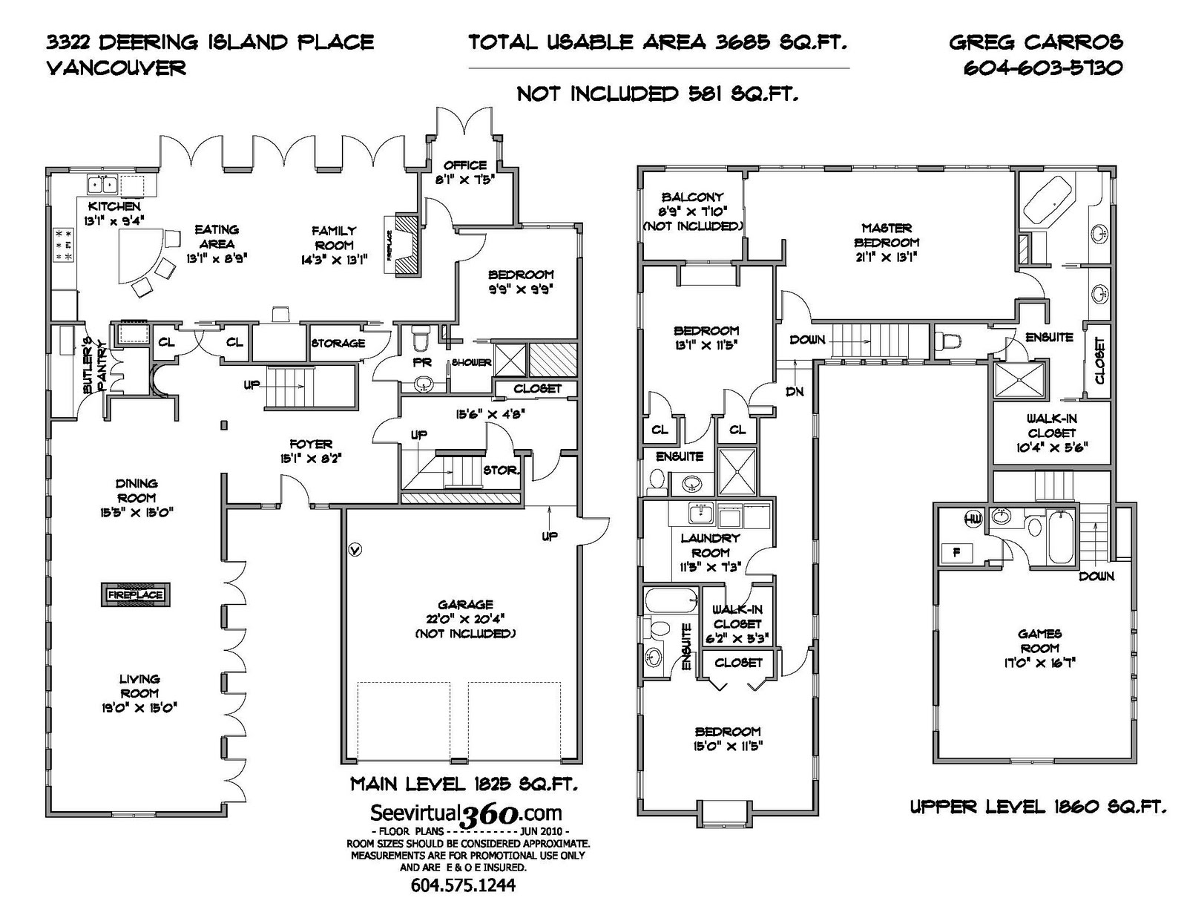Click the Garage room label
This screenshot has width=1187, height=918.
[x=465, y=605]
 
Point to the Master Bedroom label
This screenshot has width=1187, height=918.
[x=887, y=235]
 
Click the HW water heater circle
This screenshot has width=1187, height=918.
[x=973, y=519]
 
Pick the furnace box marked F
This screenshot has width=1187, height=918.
[x=956, y=553]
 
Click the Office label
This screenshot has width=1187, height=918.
[x=465, y=165]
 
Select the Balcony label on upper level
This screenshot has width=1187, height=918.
[x=692, y=197]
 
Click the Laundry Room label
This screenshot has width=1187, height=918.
[x=710, y=545]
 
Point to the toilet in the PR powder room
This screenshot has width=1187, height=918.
[x=420, y=339]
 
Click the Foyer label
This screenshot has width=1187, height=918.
[x=311, y=445]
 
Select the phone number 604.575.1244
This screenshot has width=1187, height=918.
[x=463, y=885]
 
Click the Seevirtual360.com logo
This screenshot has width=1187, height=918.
[x=465, y=814]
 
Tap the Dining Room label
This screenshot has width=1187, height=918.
[x=137, y=491]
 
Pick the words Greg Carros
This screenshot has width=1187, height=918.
[x=1036, y=42]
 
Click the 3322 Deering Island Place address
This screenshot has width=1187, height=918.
[x=210, y=42]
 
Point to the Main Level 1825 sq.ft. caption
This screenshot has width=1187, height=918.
[x=464, y=784]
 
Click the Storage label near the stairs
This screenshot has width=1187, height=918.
[x=338, y=344]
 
